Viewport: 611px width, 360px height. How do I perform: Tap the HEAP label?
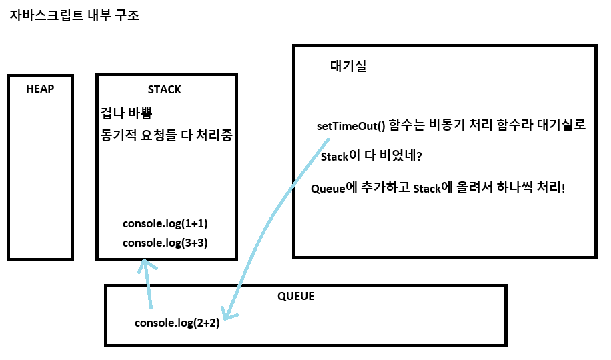(x=40, y=89)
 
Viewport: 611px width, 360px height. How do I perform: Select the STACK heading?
(x=164, y=89)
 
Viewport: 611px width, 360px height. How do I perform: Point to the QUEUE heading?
(x=295, y=296)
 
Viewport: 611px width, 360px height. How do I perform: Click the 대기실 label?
(x=348, y=66)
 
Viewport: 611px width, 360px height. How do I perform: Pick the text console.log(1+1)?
(x=170, y=223)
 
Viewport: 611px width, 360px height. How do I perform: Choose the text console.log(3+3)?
(x=165, y=243)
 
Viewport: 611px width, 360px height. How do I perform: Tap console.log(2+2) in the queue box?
(x=177, y=323)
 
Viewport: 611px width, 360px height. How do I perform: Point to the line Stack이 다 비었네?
(x=370, y=157)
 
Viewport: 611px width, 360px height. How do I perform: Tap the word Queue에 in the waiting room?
(x=334, y=188)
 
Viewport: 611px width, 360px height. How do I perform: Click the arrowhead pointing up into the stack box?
(x=147, y=265)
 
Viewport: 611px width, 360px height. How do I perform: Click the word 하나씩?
(x=512, y=188)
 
